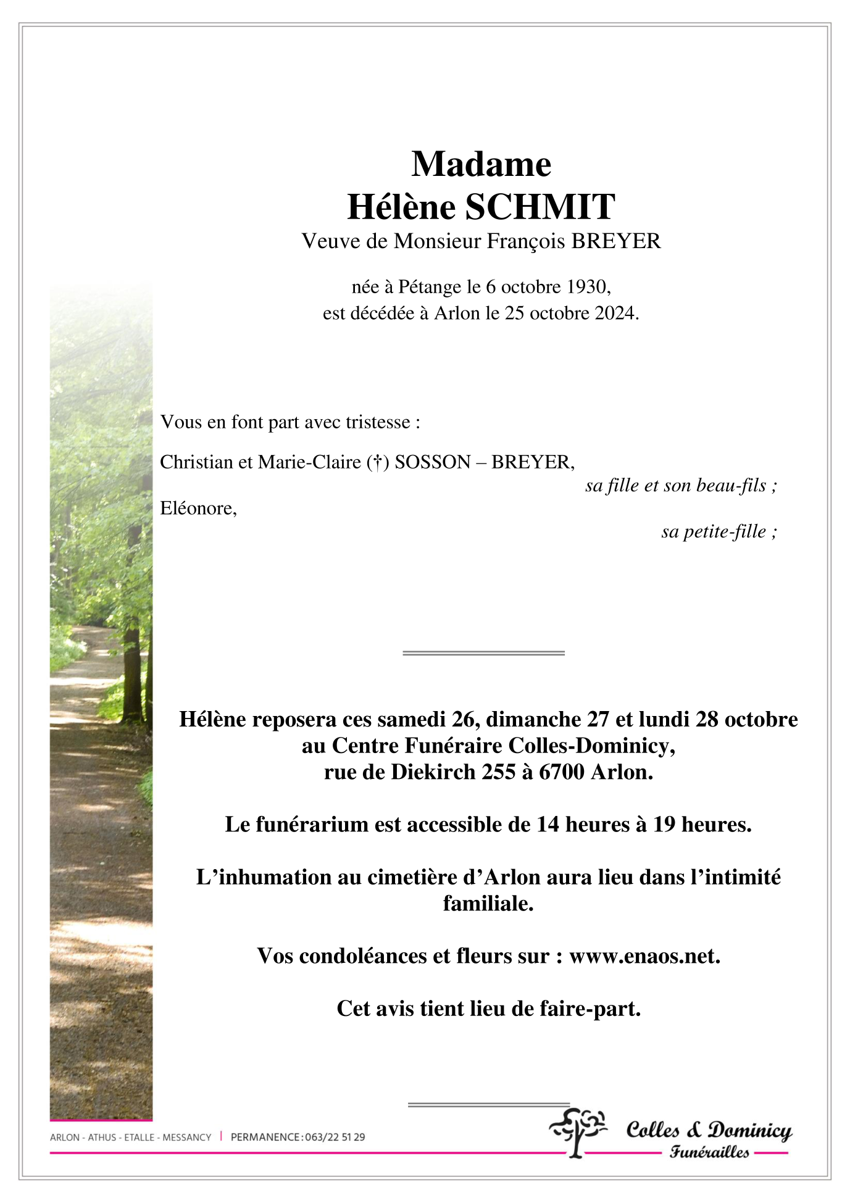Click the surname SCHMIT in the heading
(540, 207)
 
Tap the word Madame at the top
(481, 164)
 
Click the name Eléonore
(197, 509)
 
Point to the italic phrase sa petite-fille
(714, 531)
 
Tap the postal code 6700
(562, 772)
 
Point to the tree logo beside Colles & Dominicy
(578, 1131)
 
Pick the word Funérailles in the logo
(709, 1152)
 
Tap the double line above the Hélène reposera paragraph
(483, 652)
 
